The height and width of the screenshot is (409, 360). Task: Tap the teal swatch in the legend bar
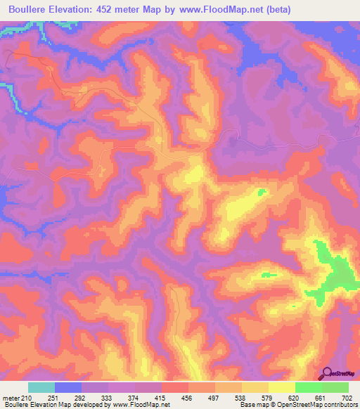[x=41, y=387]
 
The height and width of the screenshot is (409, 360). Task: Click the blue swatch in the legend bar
[x=68, y=387]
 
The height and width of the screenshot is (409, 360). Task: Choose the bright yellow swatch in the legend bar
[x=282, y=387]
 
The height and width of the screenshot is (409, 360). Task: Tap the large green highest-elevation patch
[x=330, y=271]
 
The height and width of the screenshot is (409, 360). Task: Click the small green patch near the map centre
[x=262, y=191]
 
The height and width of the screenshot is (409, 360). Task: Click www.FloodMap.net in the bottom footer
[x=140, y=405]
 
